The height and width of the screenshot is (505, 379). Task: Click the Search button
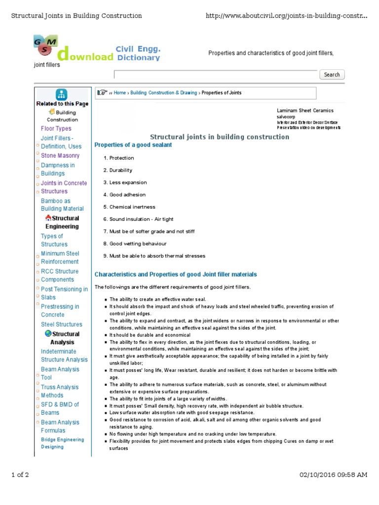coord(332,74)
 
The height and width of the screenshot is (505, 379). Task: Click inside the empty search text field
coord(216,74)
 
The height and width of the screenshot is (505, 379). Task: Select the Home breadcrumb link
coord(119,93)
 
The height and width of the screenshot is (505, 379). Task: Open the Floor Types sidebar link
coord(56,129)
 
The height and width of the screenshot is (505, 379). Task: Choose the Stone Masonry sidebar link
coord(60,156)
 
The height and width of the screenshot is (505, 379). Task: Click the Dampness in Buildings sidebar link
coord(58,170)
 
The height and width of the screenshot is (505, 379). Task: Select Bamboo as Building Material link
coord(62,205)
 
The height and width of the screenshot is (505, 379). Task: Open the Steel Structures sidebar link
coord(62,325)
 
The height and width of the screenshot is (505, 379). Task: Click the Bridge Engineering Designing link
coord(62,443)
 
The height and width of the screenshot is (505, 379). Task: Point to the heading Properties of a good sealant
coord(133,145)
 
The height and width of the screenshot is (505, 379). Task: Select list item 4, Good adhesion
coord(127,195)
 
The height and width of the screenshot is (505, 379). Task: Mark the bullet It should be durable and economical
coord(150,335)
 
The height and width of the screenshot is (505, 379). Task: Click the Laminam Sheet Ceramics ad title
coord(305,110)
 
